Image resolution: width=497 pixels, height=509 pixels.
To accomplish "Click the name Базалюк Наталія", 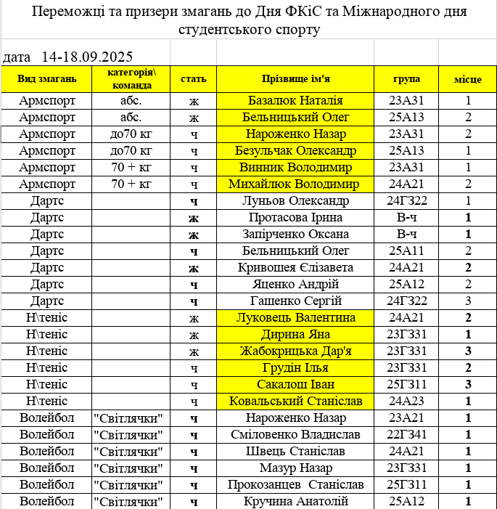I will [295, 101].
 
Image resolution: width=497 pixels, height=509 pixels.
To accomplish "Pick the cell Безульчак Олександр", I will [295, 151].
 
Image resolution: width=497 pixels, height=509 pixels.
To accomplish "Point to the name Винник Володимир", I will [295, 168].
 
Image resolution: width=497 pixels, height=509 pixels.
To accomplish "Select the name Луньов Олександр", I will [295, 200].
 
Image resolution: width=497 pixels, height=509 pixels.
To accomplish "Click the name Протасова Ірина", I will [295, 218].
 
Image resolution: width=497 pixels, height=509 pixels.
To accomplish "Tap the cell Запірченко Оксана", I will [295, 235].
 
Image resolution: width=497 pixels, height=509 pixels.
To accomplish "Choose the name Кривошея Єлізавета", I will [295, 268].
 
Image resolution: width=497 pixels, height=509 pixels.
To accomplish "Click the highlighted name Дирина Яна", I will [295, 335].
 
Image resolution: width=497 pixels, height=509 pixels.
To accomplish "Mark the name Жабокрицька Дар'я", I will [295, 351].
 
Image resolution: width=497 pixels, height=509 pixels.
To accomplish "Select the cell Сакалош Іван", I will [295, 384].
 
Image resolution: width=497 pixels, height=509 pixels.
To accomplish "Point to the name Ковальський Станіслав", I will [295, 401].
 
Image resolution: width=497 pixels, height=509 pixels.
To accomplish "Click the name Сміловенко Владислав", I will [295, 435].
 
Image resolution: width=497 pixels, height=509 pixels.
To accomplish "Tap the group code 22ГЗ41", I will [406, 435].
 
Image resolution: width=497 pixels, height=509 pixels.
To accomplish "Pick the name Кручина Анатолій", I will [295, 501].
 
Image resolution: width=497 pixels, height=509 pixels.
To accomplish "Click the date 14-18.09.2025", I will [87, 57].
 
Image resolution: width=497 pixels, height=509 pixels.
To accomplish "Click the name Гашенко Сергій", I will [295, 301].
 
